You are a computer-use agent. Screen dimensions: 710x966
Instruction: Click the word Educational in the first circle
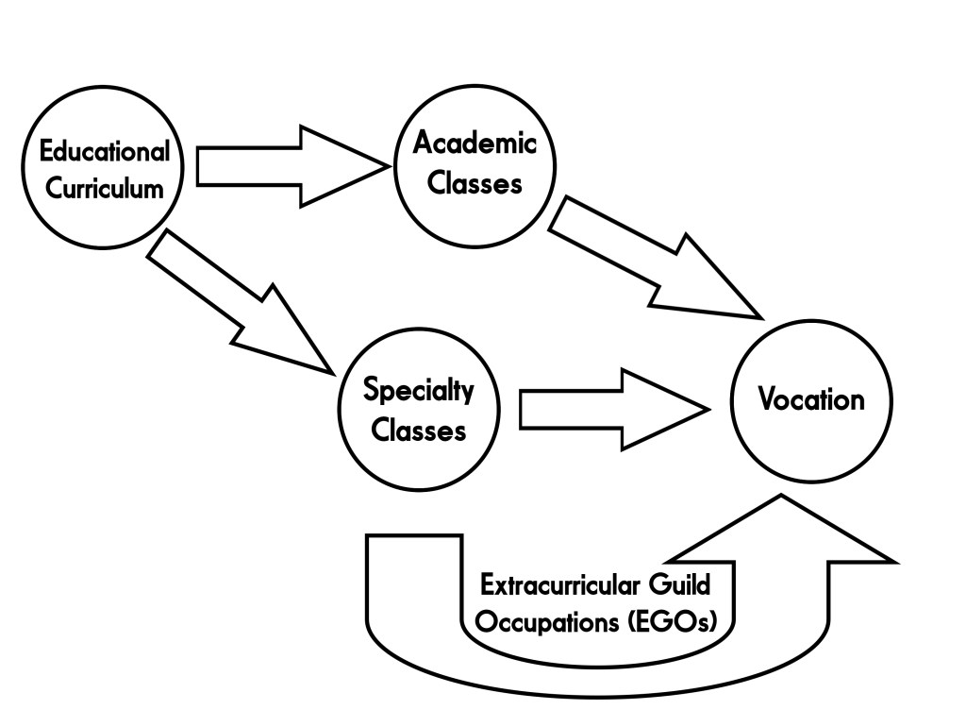pos(105,151)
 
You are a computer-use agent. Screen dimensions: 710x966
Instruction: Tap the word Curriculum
pos(105,188)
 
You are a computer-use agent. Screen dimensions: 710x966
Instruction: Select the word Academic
pos(475,144)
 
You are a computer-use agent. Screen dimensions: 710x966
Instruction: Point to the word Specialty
pos(418,391)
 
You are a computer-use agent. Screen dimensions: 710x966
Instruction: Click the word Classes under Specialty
pos(418,430)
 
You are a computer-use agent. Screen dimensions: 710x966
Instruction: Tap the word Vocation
pos(811,399)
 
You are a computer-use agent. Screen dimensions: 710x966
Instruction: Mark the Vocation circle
pos(811,444)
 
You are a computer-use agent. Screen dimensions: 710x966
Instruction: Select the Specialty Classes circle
pos(418,463)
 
